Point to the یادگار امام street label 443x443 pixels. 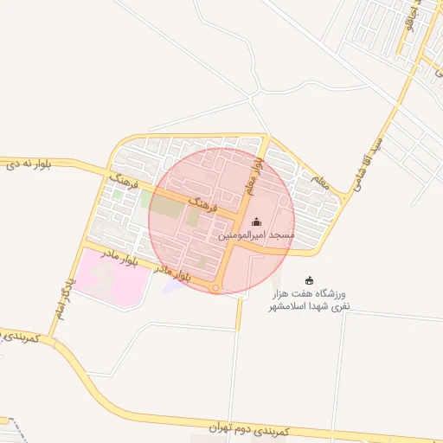tap(61, 299)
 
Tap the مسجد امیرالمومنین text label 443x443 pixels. tap(256, 235)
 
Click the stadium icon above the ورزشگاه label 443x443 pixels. tap(309, 279)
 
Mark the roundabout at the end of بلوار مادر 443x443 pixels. tap(216, 286)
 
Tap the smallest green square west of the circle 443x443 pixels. tap(117, 194)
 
